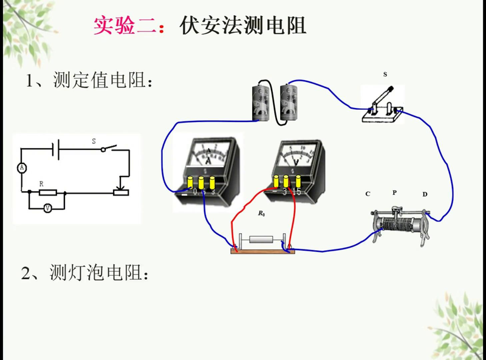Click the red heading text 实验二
(129, 24)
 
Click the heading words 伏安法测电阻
(243, 24)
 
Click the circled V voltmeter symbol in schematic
(47, 208)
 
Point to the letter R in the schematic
(41, 183)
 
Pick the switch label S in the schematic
(94, 141)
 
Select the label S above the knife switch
(385, 74)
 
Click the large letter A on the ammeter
(208, 161)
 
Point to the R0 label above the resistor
(261, 214)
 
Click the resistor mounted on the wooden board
(262, 240)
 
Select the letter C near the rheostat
(368, 194)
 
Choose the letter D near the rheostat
(425, 194)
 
